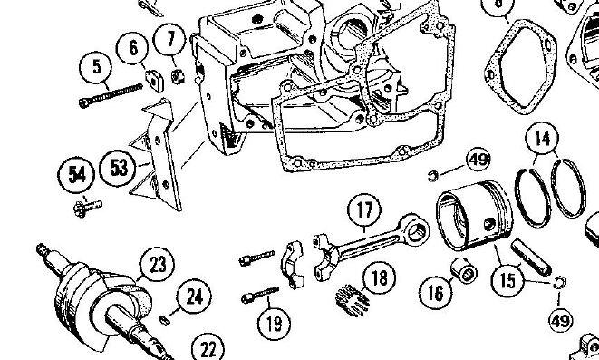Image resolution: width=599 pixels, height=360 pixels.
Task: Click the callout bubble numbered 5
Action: click(95, 67)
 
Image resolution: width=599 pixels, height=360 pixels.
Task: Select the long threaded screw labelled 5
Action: click(111, 95)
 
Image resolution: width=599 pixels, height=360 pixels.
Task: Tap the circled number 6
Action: click(132, 49)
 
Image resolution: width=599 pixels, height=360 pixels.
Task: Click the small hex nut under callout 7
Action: click(178, 77)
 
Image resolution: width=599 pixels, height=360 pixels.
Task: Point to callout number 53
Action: click(118, 168)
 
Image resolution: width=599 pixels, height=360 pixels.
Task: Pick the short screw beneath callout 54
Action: click(87, 209)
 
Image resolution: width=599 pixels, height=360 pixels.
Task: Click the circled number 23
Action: click(157, 265)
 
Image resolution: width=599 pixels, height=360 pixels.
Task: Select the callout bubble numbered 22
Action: click(208, 348)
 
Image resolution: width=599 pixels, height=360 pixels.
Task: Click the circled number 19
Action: click(274, 324)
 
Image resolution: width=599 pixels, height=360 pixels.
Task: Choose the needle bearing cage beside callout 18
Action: click(353, 300)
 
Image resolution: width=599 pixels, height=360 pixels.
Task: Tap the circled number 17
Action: click(364, 210)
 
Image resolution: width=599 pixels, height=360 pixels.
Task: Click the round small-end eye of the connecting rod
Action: click(415, 230)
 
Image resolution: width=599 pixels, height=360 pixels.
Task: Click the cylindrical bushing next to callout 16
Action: click(463, 270)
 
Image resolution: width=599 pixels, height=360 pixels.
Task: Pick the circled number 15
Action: click(507, 280)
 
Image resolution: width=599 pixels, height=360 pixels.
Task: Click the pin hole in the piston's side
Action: click(489, 224)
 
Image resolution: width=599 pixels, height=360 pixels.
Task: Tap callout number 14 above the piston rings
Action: click(542, 138)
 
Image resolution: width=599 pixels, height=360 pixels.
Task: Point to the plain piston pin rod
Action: click(531, 258)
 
